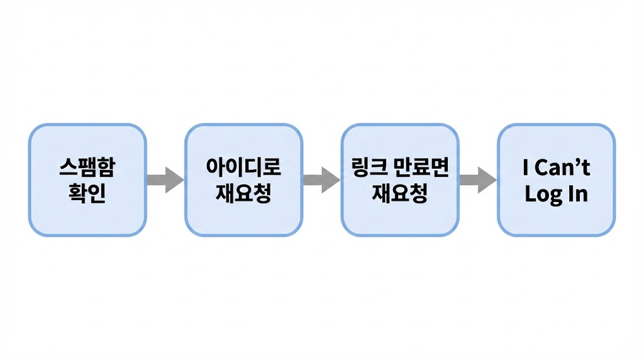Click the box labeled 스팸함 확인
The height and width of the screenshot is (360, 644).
87,180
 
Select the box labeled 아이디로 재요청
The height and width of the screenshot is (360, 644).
243,180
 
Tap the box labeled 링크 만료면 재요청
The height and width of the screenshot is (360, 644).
399,180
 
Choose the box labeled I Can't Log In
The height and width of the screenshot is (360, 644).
556,180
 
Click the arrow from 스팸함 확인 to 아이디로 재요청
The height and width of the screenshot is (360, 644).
165,180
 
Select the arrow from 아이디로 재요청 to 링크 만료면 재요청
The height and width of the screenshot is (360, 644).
321,180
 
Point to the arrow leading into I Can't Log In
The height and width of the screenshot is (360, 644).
477,180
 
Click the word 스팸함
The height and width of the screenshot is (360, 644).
87,167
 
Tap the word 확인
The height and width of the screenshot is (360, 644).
87,193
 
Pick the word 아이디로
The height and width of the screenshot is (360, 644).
243,167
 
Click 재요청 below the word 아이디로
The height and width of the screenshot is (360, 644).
243,193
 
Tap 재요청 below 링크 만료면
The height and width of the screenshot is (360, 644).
399,193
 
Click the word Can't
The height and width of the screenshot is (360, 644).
563,168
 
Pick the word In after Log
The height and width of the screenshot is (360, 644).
578,193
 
